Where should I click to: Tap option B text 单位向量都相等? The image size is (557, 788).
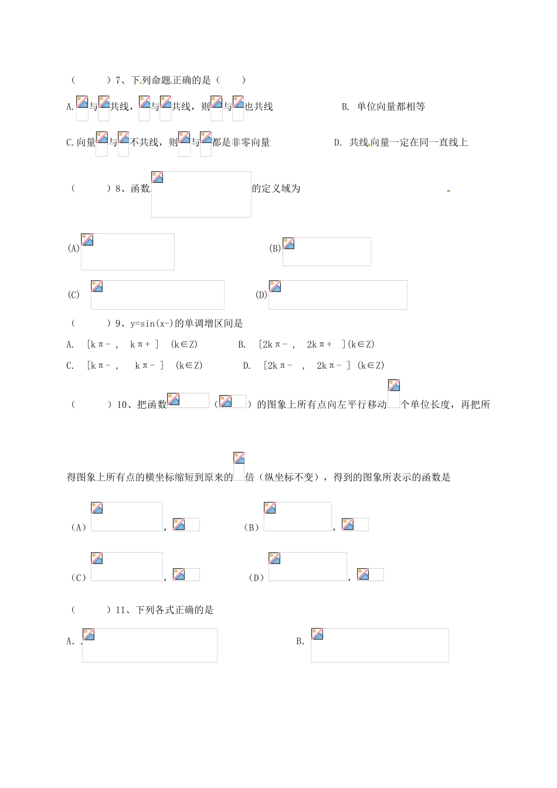[x=390, y=107]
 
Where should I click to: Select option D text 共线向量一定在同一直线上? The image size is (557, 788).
[x=408, y=142]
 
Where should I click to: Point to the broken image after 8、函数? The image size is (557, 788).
[x=201, y=194]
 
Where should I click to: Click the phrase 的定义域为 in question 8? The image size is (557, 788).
[x=276, y=189]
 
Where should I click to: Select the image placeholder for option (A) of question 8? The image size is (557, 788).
[x=127, y=252]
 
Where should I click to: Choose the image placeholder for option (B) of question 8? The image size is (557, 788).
[x=327, y=252]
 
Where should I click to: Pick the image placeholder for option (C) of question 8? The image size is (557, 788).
[x=157, y=294]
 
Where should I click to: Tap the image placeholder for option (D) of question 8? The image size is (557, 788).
[x=338, y=294]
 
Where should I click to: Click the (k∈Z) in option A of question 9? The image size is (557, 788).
[x=184, y=345]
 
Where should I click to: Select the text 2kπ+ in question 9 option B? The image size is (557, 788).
[x=320, y=345]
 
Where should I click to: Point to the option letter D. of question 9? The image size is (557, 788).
[x=247, y=366]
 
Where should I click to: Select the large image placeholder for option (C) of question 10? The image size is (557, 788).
[x=127, y=566]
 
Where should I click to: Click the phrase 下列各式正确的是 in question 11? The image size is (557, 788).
[x=175, y=610]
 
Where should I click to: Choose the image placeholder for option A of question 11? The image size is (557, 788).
[x=150, y=645]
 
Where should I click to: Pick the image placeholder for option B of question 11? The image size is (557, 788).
[x=379, y=645]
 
